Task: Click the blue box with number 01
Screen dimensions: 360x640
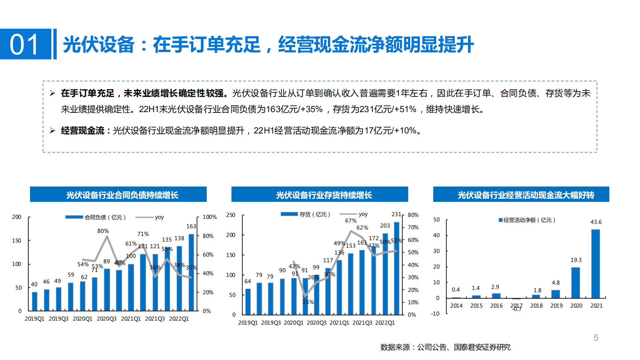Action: point(25,44)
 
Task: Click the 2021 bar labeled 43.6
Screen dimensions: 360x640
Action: point(595,264)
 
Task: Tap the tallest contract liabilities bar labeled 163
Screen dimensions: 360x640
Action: point(191,272)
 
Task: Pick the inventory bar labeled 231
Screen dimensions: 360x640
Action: point(397,268)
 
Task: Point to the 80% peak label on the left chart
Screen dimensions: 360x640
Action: point(103,231)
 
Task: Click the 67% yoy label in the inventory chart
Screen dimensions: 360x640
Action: point(351,221)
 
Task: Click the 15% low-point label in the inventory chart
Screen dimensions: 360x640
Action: point(308,302)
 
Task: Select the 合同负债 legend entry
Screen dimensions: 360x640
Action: point(96,217)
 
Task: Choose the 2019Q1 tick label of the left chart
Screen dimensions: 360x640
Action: point(34,319)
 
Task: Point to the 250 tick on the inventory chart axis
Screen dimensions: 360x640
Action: point(231,215)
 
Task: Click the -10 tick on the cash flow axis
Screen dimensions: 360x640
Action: point(435,314)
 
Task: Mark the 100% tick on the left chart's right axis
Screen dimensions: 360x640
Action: point(209,217)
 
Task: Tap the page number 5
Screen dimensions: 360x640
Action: point(596,338)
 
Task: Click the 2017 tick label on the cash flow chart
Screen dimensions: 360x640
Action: point(516,305)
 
